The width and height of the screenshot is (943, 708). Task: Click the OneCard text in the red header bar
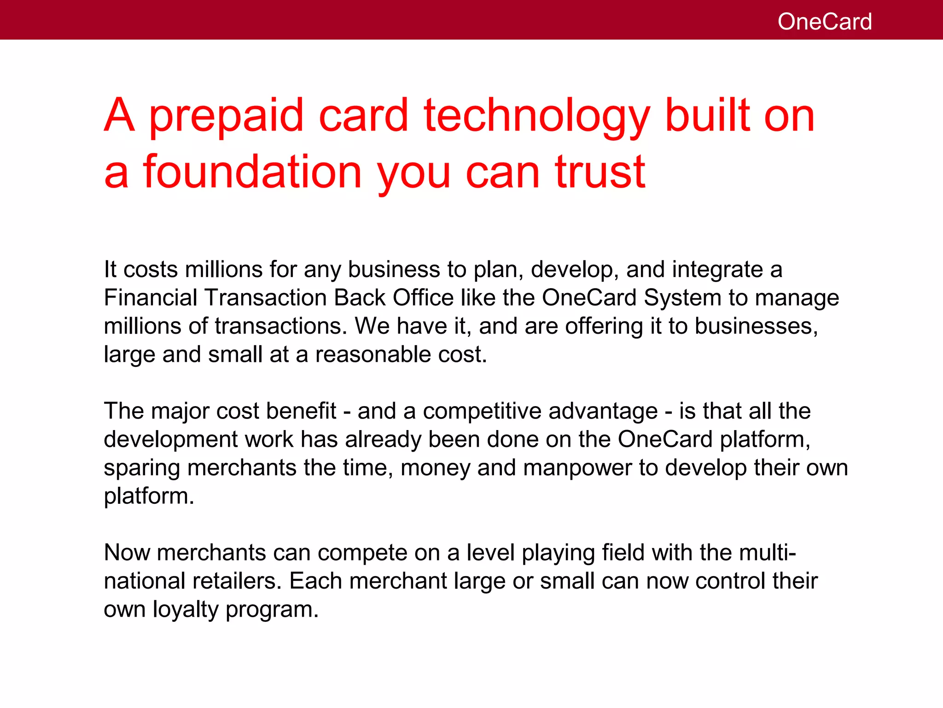tap(824, 22)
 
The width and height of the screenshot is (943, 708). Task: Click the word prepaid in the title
tap(226, 116)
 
